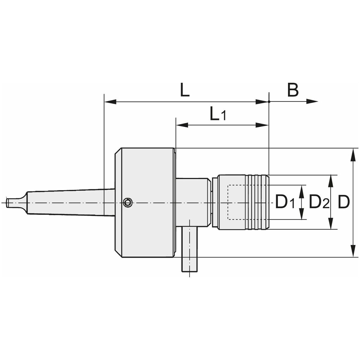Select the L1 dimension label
click(x=218, y=114)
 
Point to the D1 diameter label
click(x=285, y=202)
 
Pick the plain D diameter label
click(x=344, y=202)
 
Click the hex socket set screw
click(x=128, y=202)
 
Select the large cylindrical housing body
click(x=145, y=202)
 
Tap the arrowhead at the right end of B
click(x=312, y=102)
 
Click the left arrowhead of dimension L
click(x=110, y=102)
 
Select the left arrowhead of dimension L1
click(x=182, y=125)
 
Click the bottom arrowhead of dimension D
click(x=353, y=251)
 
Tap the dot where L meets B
click(x=269, y=102)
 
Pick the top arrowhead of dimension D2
click(x=331, y=181)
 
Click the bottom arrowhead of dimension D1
click(x=301, y=214)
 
